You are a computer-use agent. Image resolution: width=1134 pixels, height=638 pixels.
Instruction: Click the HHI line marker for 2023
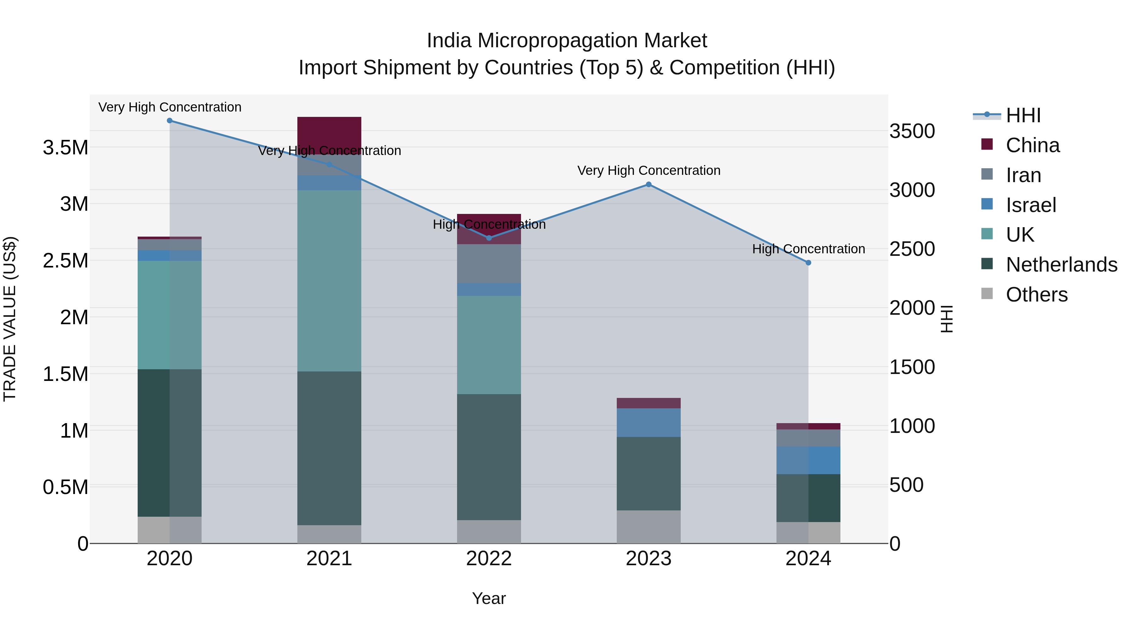click(649, 185)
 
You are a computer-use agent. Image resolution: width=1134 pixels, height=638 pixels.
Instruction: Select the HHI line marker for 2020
click(169, 121)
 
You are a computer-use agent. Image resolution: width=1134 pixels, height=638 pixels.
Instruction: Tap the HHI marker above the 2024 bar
click(808, 263)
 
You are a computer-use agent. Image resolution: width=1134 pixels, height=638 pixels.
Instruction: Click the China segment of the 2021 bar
click(329, 132)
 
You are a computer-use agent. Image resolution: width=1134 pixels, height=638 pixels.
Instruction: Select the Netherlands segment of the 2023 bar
click(649, 473)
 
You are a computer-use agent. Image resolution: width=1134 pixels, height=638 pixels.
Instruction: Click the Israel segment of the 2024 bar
click(808, 460)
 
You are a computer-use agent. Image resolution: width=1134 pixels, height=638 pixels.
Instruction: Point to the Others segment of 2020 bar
click(169, 530)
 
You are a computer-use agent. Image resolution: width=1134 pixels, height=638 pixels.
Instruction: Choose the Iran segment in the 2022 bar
click(489, 263)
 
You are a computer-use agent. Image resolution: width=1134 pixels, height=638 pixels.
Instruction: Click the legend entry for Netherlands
click(1061, 265)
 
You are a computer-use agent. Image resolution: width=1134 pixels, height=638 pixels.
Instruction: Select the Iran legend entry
click(1023, 175)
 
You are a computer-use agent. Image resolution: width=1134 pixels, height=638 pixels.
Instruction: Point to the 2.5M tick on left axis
click(65, 261)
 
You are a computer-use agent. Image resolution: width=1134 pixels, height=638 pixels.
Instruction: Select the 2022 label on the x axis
click(489, 559)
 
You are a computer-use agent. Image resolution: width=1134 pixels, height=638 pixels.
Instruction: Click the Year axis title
click(489, 598)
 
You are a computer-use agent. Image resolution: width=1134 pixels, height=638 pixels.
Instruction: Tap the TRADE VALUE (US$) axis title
click(10, 319)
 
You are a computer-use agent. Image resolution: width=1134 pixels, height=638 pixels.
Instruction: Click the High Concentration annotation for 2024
click(808, 249)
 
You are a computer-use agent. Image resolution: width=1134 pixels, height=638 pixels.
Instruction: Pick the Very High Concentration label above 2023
click(649, 170)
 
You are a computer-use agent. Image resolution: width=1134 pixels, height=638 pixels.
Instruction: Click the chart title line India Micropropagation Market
click(567, 41)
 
